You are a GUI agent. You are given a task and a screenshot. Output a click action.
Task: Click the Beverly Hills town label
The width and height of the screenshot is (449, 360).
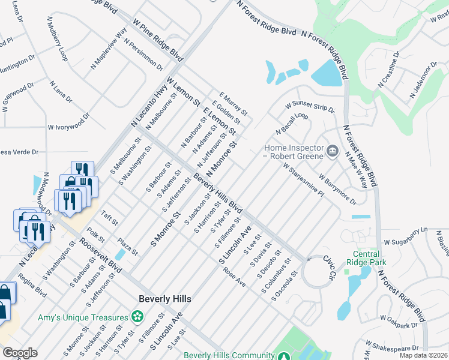(x=164, y=298)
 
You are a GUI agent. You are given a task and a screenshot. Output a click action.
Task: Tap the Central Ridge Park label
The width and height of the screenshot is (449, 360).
(x=366, y=257)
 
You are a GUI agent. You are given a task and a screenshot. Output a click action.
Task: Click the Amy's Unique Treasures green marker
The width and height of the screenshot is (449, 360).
(x=137, y=316)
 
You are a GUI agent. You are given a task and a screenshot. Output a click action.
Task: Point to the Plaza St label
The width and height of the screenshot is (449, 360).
(x=127, y=243)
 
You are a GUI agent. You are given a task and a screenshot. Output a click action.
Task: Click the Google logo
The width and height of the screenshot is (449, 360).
(x=20, y=352)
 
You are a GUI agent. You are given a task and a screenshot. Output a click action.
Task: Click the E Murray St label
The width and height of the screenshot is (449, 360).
(x=234, y=104)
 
